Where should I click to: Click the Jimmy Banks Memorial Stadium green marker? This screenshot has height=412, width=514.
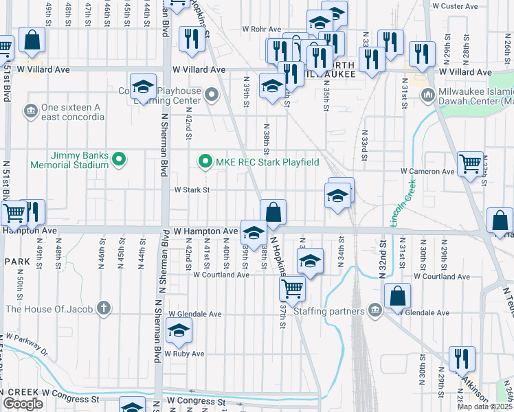click(x=119, y=159)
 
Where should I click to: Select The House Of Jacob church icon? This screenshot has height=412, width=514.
click(x=103, y=308)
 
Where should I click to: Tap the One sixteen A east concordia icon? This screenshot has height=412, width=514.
click(x=30, y=110)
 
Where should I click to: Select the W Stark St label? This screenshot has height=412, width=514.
click(x=191, y=190)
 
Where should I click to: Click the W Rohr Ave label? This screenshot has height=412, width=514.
click(x=262, y=30)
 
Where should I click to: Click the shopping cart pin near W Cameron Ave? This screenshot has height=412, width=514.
click(x=471, y=163)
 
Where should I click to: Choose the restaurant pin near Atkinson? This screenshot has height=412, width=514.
click(x=462, y=358)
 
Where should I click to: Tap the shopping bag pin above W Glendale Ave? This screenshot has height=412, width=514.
click(x=398, y=296)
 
